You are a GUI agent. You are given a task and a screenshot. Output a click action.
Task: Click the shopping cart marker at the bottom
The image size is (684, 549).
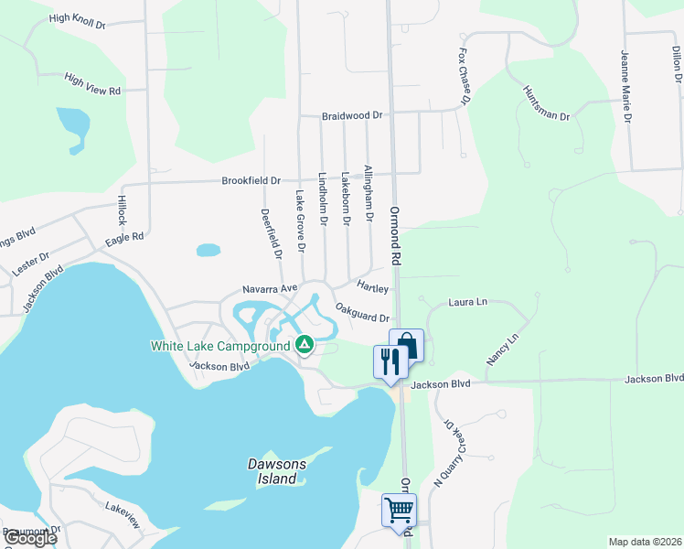[x=399, y=510]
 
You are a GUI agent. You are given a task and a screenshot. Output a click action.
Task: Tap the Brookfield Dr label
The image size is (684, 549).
[x=251, y=181]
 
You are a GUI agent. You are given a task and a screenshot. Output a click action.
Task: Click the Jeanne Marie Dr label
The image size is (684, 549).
[x=627, y=85]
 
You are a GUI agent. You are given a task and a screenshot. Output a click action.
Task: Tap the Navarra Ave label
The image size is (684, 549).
[x=271, y=288]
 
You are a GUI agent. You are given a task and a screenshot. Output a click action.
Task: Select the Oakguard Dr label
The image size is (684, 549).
[x=362, y=313]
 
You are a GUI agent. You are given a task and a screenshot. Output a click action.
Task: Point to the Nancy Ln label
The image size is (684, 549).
[x=502, y=350]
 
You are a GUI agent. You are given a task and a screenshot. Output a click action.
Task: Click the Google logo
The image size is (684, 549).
[x=29, y=538]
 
